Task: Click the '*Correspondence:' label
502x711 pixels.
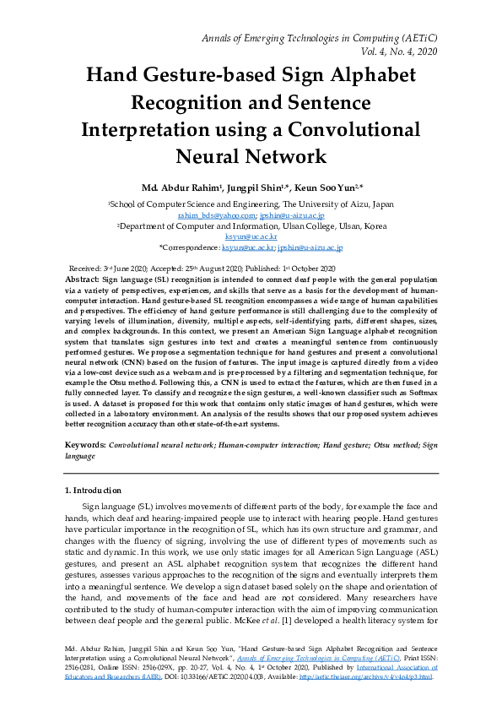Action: (x=189, y=248)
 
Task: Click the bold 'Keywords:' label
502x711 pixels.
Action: (x=85, y=443)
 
